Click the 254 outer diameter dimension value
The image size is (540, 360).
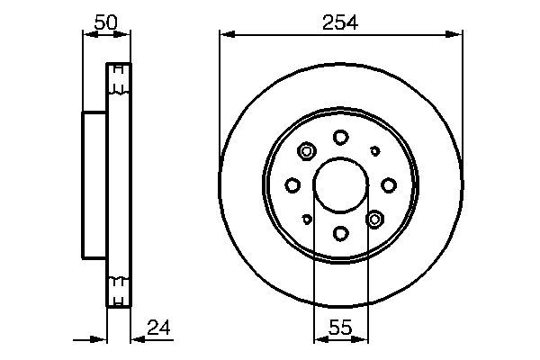(341, 23)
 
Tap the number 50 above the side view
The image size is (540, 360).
(106, 23)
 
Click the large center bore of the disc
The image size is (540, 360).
(340, 185)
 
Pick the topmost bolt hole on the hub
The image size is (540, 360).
(340, 137)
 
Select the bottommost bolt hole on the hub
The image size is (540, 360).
(340, 234)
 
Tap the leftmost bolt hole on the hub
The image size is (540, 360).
(292, 185)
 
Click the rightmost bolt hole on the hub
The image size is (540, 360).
(389, 185)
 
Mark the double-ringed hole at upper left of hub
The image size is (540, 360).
(306, 152)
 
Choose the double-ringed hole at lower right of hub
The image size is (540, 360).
(375, 219)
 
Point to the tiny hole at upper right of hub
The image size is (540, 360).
(375, 151)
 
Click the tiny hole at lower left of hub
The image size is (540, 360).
(307, 219)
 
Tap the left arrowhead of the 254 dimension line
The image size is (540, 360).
(226, 34)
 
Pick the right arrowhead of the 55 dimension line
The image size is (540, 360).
(362, 340)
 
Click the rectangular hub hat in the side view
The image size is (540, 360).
(94, 185)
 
